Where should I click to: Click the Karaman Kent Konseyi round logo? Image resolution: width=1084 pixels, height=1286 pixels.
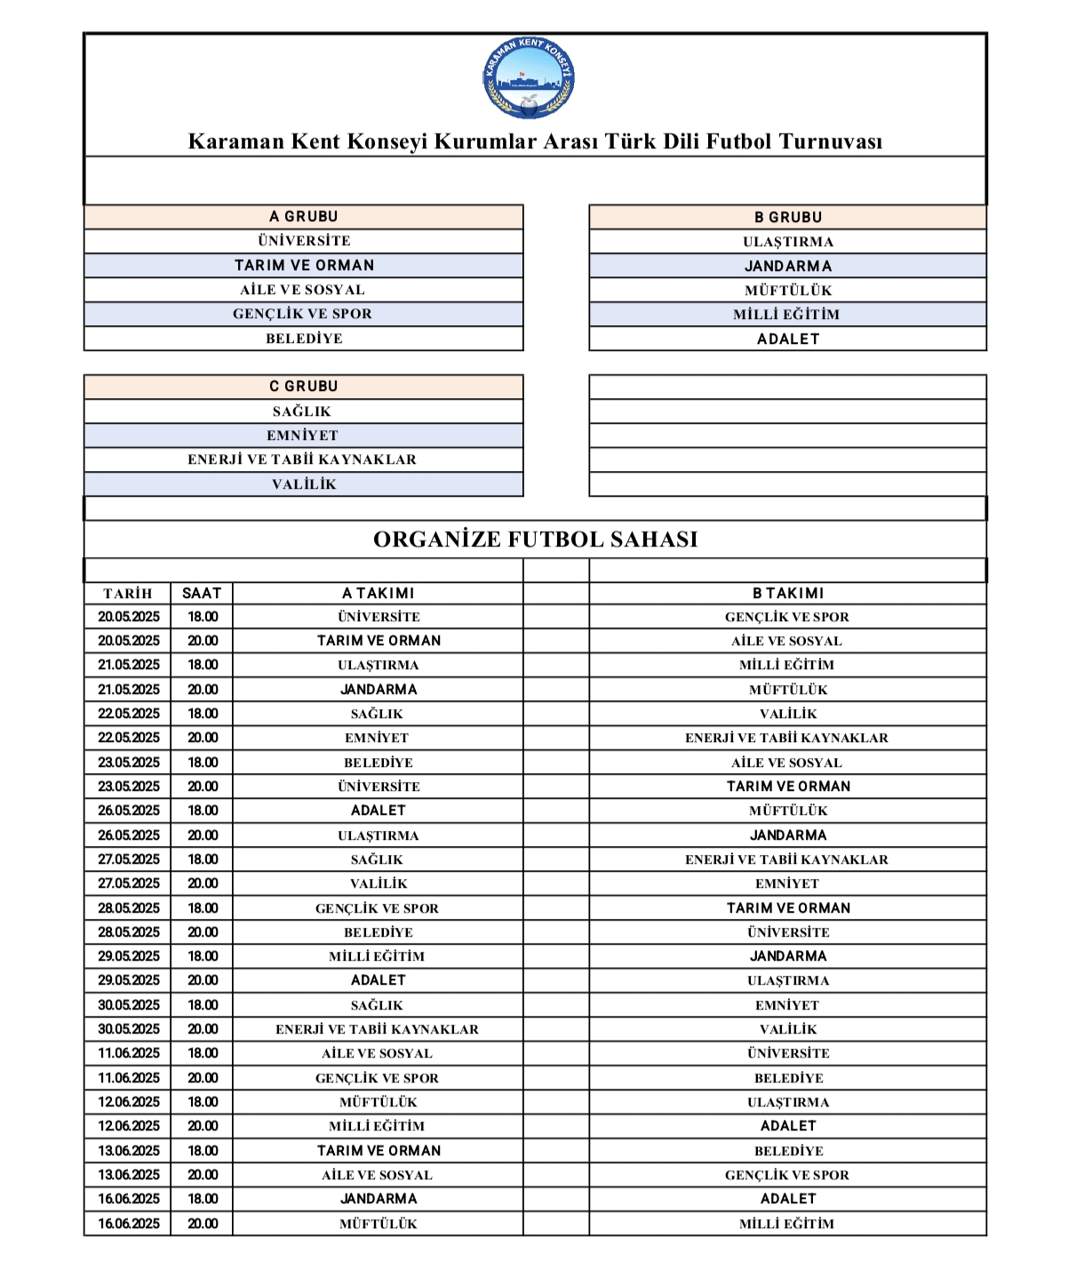[x=529, y=78]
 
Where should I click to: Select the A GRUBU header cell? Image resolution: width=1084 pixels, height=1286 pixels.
[x=304, y=217]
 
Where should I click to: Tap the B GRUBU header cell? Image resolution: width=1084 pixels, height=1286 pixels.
[x=788, y=218]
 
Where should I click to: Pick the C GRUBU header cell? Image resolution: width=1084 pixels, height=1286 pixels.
[x=304, y=387]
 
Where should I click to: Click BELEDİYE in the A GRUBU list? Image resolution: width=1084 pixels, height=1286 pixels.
[x=304, y=339]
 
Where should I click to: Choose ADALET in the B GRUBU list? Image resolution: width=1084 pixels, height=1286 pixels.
[x=788, y=339]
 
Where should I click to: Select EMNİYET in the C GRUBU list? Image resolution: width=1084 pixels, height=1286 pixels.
[x=303, y=435]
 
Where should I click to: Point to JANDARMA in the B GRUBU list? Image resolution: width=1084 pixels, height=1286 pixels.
[x=788, y=266]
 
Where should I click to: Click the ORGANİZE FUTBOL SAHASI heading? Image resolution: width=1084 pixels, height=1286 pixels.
[x=535, y=539]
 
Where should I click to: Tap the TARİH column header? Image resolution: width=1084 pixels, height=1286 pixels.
[x=128, y=594]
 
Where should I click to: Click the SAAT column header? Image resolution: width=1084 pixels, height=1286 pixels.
[x=202, y=594]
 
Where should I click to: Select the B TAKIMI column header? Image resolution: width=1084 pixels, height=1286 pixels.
[x=788, y=594]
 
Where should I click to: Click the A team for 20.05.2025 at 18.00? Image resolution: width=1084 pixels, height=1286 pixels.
[x=379, y=617]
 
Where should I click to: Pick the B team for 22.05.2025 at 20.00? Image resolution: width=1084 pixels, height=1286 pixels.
[x=787, y=738]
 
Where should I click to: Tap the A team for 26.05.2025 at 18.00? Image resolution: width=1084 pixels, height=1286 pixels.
[x=379, y=811]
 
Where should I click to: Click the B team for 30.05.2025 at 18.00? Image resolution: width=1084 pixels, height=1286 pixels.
[x=787, y=1005]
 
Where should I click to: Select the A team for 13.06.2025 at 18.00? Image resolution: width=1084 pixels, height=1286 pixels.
[x=379, y=1151]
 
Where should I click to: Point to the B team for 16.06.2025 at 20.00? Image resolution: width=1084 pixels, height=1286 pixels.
[x=787, y=1224]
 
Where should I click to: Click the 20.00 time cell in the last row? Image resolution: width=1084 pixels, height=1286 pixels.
[x=203, y=1224]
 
